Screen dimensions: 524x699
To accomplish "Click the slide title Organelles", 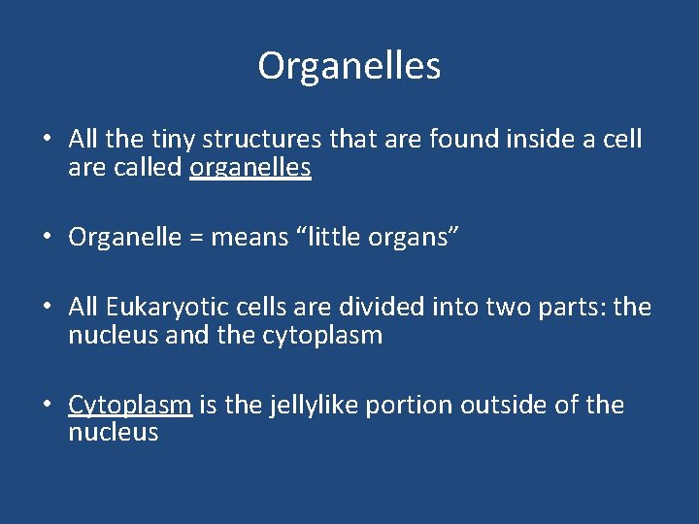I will pos(349,66).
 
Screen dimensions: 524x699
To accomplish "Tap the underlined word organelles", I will pos(250,168).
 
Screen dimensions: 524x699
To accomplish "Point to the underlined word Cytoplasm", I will pos(129,405).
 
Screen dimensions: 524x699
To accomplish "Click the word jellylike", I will pos(299,405).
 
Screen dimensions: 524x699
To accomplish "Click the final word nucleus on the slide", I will pos(113,432).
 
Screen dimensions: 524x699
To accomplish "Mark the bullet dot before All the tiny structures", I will pos(46,140).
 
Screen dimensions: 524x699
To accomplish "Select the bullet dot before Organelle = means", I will pos(46,238).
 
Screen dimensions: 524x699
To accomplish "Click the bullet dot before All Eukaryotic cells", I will pos(46,308).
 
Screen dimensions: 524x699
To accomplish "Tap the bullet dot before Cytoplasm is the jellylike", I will pos(46,405).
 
